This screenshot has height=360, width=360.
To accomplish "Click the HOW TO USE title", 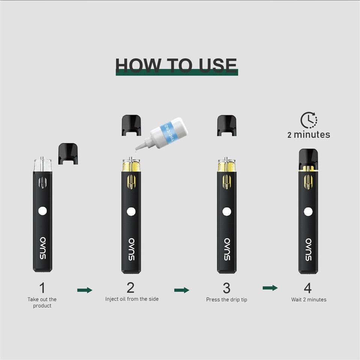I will tap(176, 65).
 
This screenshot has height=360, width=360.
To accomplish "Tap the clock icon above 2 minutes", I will tap(309, 120).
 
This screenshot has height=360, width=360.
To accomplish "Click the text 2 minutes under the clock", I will tap(309, 135).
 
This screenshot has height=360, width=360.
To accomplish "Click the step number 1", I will tap(42, 288).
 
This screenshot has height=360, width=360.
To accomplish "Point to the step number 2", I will tap(130, 288).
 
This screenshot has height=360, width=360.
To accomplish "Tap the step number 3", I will tap(226, 288).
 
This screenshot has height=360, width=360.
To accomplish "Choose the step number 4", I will tap(307, 288).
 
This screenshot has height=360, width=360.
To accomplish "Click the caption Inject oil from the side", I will tap(132, 299).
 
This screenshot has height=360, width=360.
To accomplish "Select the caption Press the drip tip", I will tap(226, 300).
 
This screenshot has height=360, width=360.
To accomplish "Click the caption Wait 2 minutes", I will tap(309, 300).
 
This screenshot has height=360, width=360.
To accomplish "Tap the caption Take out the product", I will tap(42, 303).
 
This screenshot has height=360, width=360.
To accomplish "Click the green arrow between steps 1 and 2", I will tap(85, 290).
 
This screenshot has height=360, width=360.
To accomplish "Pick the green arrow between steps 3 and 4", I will tap(270, 288).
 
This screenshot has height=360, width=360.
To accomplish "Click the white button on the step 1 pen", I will tap(42, 211).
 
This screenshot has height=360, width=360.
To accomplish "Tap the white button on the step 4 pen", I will tap(308, 212).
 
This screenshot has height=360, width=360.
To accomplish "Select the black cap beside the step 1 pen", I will tap(68, 153).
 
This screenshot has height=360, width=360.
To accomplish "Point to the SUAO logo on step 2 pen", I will tap(131, 250).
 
